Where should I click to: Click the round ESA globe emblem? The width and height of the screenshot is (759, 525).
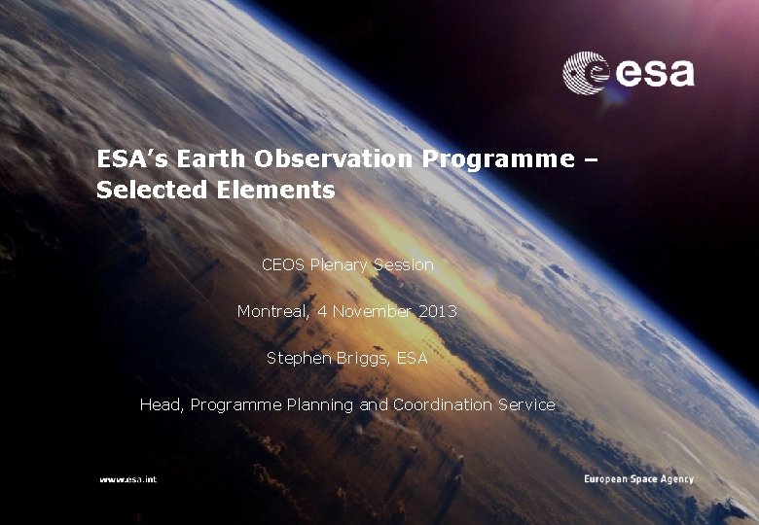coord(586,73)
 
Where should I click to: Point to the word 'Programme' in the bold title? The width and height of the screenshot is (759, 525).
coord(498,158)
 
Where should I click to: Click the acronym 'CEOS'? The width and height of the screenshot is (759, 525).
coord(283,264)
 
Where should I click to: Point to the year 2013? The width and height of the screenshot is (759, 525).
coord(438,311)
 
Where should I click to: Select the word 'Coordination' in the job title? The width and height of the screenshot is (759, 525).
coord(443,404)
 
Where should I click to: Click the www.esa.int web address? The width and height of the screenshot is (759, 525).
coord(127,479)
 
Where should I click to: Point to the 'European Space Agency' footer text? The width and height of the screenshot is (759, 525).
coord(638,479)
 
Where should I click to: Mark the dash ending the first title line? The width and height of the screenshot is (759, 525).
coord(591,159)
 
